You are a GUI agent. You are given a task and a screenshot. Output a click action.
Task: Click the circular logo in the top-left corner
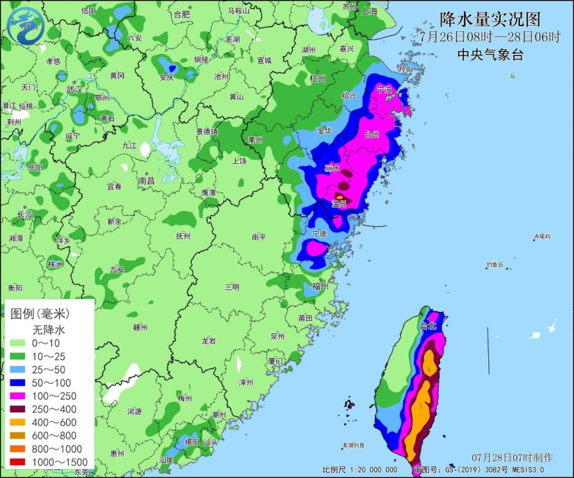pos(25,26)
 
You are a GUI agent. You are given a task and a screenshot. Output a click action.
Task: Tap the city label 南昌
pos(146,181)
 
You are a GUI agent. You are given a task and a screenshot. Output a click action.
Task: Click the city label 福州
pos(320,286)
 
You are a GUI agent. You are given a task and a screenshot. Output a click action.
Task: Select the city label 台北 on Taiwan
pos(428,324)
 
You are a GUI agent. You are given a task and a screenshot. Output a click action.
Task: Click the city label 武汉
pos(74,89)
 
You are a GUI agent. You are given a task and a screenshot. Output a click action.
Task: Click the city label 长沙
pos(25,214)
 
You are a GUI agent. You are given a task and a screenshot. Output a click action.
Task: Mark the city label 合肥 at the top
pos(182,14)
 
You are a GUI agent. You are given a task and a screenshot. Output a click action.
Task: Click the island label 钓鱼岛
pos(494,264)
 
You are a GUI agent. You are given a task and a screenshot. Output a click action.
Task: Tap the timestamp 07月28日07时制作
pos(512,458)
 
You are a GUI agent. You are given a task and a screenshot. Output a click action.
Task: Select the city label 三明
pos(232,286)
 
